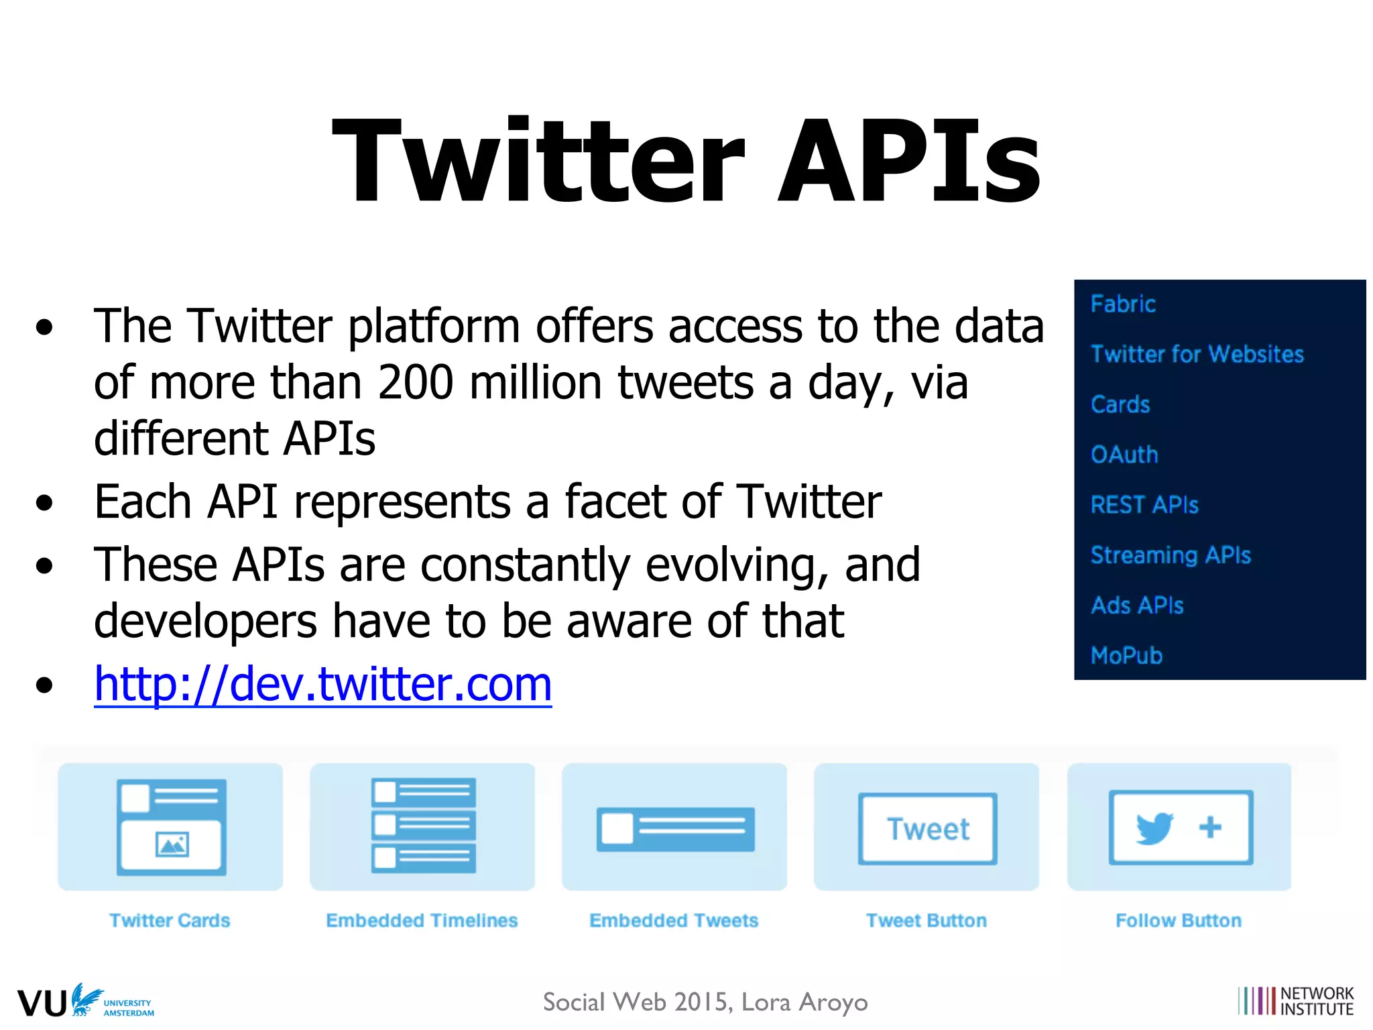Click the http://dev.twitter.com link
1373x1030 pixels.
tap(322, 684)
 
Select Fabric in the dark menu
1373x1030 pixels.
tap(1123, 304)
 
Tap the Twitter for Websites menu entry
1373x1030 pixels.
tap(1197, 353)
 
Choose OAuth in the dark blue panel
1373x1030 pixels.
tap(1124, 455)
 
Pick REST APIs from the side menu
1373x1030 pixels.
tap(1144, 504)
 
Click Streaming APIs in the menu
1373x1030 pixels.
tap(1171, 555)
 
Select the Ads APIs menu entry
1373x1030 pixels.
tap(1137, 606)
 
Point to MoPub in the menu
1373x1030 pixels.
tap(1126, 655)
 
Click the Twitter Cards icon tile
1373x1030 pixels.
tap(170, 827)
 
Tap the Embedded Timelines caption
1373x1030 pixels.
tap(422, 921)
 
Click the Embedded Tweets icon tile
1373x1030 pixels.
tap(674, 827)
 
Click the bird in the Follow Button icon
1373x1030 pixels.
tap(1154, 828)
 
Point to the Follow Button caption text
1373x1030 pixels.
tap(1178, 921)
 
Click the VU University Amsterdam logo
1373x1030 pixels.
tap(86, 1001)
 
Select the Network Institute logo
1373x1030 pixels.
tap(1295, 1001)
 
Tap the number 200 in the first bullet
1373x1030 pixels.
tap(416, 382)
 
